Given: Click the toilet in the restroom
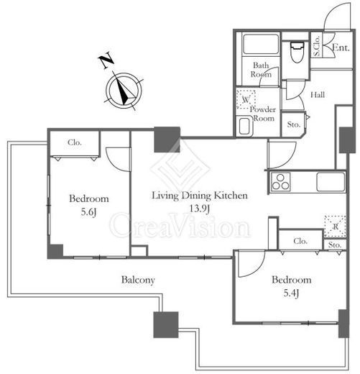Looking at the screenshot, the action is pos(297,52).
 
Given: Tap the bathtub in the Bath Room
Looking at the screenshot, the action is pos(261,44).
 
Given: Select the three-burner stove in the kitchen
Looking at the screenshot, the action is pos(280,182).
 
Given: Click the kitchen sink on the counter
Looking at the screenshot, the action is pos(331,182).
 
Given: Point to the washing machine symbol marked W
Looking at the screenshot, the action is pos(246,99).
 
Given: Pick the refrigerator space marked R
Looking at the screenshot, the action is pos(335,226).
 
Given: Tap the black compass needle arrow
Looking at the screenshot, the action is pos(124,91).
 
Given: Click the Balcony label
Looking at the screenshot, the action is pos(138,280).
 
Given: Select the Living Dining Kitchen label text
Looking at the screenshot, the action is pos(200,196).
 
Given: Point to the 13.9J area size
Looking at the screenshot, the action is pos(200,209).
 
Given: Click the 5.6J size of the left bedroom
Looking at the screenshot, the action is pos(89,212).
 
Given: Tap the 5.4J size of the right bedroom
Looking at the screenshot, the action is pos(291,293).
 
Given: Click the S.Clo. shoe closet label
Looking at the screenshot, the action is pos(317,46).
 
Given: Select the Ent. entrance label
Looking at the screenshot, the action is pos(341,47).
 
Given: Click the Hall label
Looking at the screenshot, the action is pos(318,95).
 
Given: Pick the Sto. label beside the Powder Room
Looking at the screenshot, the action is pos(293,124).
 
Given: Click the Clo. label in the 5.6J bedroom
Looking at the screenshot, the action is pos(75,142).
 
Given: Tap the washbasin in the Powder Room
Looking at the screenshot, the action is pos(244,126).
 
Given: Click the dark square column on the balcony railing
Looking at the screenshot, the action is pos(166,324).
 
